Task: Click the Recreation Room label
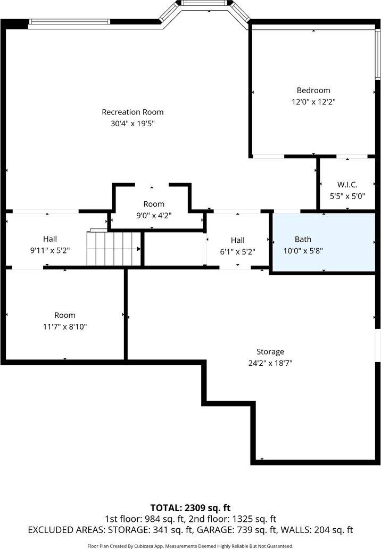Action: (132, 112)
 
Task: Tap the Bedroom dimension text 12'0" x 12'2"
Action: (313, 101)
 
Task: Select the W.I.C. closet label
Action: (347, 185)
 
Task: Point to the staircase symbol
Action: (114, 248)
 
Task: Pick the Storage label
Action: (270, 352)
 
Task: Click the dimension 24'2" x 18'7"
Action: (270, 363)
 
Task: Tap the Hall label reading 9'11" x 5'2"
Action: (50, 239)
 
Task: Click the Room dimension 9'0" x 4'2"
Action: (154, 215)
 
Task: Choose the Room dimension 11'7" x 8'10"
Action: (64, 326)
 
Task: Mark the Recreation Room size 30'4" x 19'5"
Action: (132, 124)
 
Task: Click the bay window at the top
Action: (205, 9)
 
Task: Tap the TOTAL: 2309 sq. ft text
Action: (190, 507)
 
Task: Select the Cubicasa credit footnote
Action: (190, 546)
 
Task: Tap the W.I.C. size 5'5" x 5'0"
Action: (347, 195)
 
